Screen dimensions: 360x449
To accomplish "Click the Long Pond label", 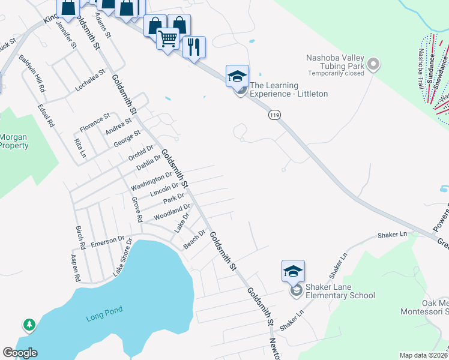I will click(104, 310).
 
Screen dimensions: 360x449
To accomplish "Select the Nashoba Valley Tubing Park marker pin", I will click(373, 64).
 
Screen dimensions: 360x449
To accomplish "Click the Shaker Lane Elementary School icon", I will click(293, 271).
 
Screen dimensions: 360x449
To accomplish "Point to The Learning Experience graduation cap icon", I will click(237, 76).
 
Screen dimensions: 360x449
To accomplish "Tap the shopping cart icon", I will click(168, 40).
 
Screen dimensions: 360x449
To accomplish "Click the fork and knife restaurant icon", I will click(194, 47).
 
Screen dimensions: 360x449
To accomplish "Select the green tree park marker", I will click(29, 325).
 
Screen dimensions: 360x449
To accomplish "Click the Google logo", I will click(20, 353).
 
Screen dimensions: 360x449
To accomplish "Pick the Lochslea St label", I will click(90, 80).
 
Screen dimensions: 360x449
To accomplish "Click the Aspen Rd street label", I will click(76, 268).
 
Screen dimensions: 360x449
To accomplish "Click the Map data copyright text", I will click(423, 355).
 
